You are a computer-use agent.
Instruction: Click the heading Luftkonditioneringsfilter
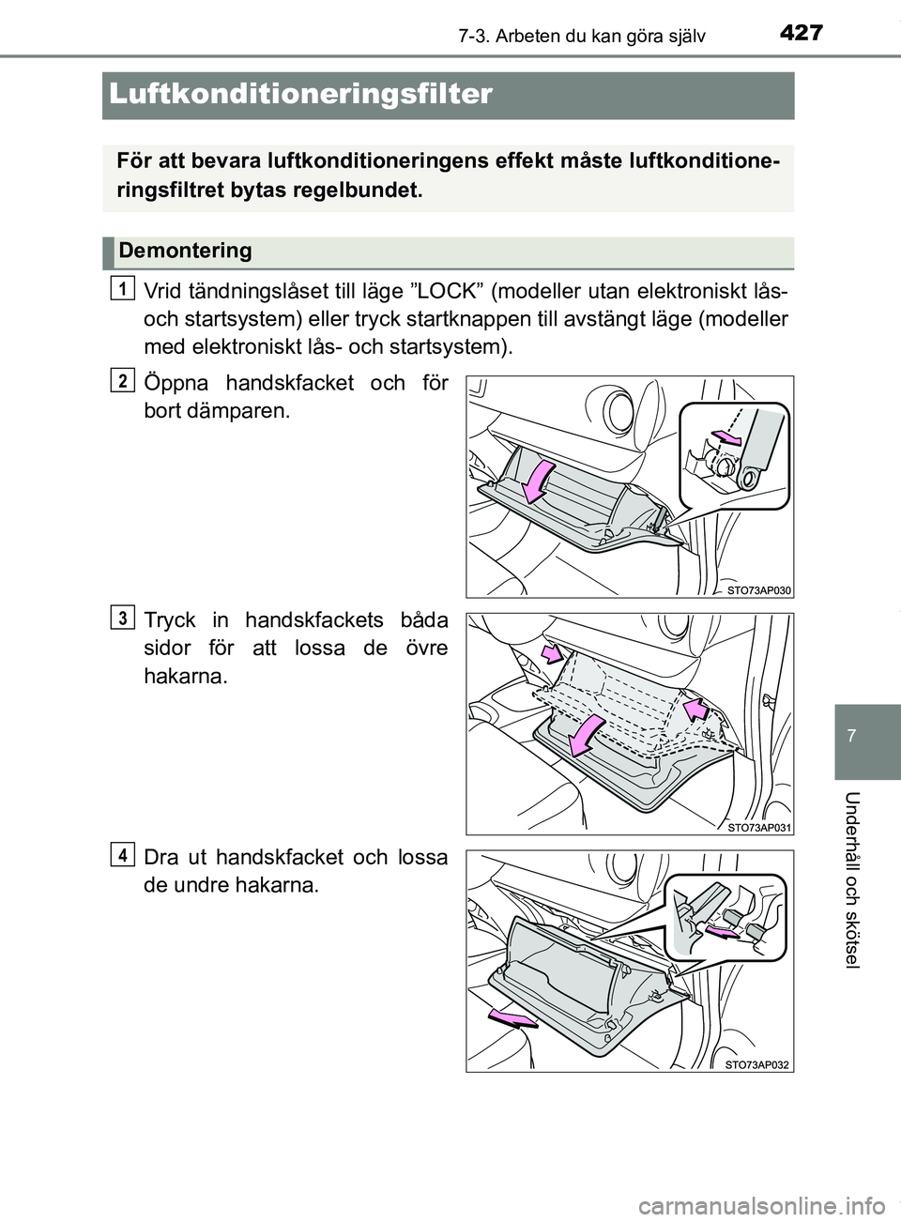coord(300,94)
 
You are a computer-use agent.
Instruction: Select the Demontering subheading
coord(185,251)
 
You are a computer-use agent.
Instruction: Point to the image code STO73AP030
coord(758,589)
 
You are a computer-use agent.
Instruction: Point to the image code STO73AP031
coord(758,826)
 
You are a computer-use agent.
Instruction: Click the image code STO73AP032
coord(758,1063)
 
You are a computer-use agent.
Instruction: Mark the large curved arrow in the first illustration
coord(539,481)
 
